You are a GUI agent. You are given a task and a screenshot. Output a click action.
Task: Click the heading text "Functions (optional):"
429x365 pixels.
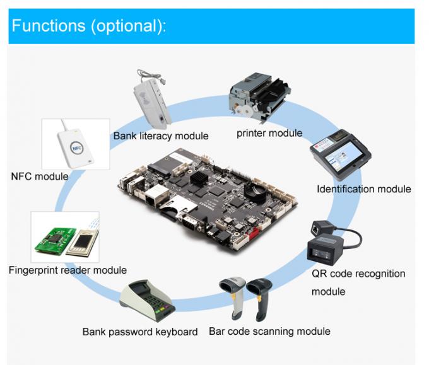coord(89,26)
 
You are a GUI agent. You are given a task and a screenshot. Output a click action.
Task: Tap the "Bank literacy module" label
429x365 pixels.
coord(161,136)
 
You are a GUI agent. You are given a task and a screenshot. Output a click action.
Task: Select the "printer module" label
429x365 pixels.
coord(269,133)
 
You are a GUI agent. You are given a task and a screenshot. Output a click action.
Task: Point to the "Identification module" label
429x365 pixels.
coord(363,188)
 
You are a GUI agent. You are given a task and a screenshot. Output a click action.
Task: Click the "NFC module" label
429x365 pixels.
coord(39,177)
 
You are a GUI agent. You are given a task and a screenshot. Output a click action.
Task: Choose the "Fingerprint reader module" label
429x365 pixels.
coord(68,270)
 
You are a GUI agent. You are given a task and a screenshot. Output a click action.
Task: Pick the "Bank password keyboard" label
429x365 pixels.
coord(140,332)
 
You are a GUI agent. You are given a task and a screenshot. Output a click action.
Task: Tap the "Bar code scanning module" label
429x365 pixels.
coord(269,331)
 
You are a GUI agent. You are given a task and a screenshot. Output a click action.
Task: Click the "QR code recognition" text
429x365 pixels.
coord(358,274)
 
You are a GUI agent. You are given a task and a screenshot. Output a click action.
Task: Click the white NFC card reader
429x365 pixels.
coord(74,145)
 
